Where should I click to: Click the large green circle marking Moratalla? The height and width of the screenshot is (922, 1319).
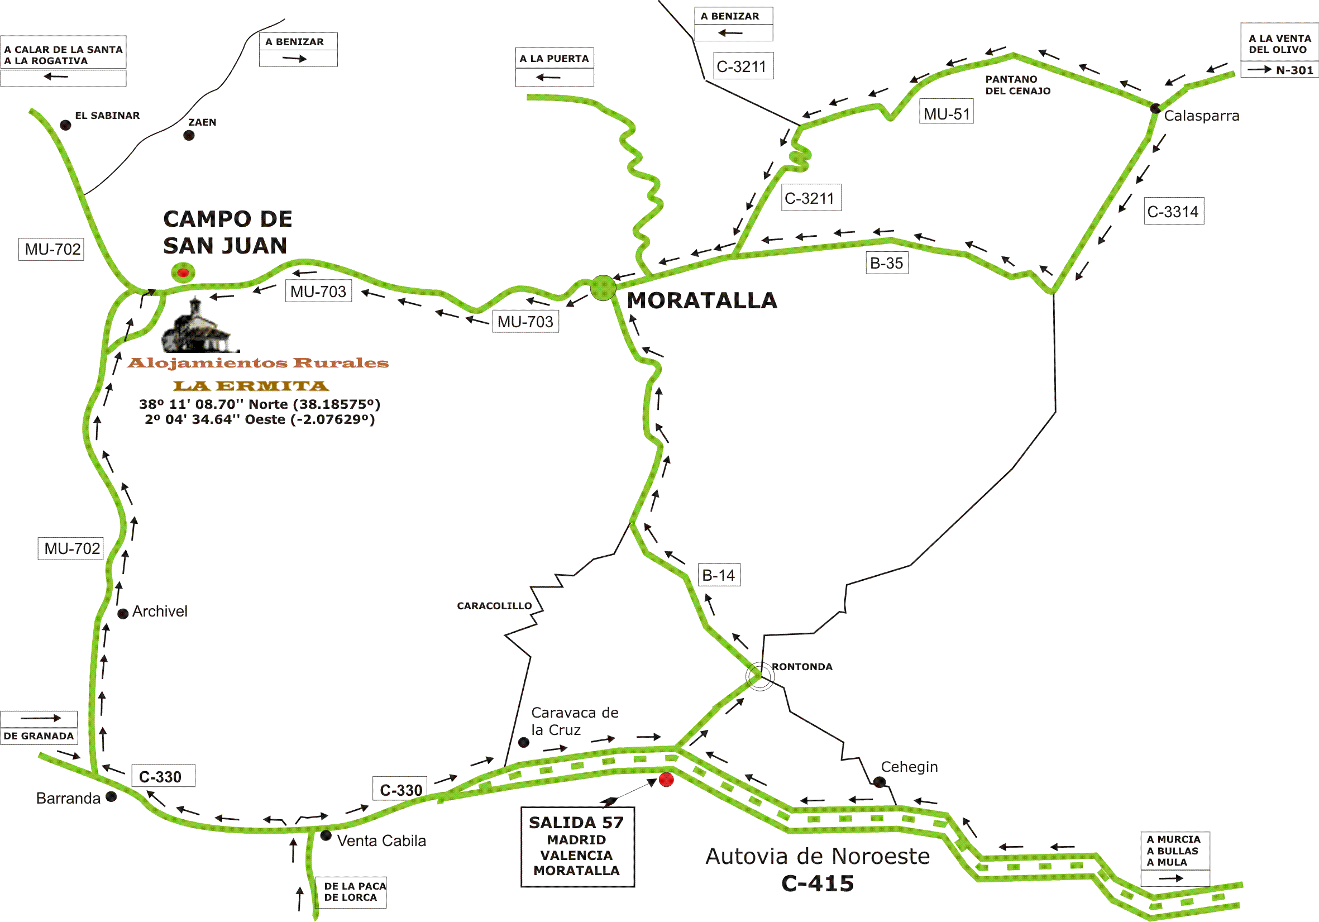click(603, 287)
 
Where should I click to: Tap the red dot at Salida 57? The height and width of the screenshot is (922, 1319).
click(666, 780)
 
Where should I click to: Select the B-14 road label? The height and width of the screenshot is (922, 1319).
click(719, 575)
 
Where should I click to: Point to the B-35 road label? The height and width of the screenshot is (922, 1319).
click(886, 263)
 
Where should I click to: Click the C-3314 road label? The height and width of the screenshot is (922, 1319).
click(1173, 212)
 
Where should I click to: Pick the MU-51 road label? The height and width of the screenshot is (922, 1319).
click(946, 113)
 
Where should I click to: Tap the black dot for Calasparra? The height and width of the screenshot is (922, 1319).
click(1155, 108)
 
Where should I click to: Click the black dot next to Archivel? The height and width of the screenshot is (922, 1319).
click(122, 614)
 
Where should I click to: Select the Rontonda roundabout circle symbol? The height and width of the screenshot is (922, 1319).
click(759, 676)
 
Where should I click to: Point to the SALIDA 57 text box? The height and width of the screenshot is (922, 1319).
click(577, 846)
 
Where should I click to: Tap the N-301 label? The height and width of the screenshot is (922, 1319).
click(1294, 70)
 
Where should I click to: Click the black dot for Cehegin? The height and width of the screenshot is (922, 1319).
click(879, 782)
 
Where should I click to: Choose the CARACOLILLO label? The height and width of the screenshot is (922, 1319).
click(494, 605)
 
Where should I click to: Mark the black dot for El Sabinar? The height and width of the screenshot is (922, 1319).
click(65, 125)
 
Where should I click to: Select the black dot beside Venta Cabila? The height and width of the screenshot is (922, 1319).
click(326, 835)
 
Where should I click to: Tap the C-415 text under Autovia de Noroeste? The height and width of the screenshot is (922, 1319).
click(817, 883)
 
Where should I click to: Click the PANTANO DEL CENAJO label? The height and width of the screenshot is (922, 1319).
click(1017, 85)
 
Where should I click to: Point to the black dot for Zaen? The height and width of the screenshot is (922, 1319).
click(188, 135)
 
